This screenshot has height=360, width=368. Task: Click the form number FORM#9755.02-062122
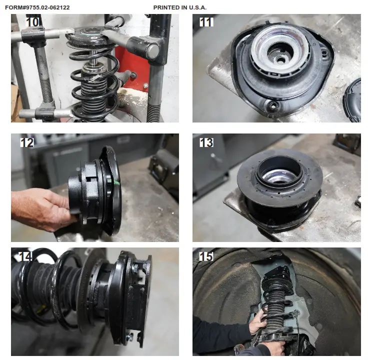[x=37, y=7]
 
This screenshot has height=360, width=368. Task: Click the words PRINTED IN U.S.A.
[x=180, y=7]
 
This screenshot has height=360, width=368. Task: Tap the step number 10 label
[x=32, y=22]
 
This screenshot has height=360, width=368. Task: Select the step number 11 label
[x=206, y=22]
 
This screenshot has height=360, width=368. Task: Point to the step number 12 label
[x=27, y=142]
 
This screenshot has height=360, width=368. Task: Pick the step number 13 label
[x=206, y=142]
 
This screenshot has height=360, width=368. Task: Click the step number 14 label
[x=25, y=256]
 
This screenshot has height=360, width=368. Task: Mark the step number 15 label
[x=206, y=256]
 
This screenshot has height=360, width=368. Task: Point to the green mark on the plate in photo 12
[x=117, y=183]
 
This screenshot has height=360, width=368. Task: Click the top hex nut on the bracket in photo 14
[x=135, y=267]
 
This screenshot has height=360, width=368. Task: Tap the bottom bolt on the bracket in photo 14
[x=128, y=337]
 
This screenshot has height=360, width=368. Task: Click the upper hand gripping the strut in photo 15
[x=257, y=321]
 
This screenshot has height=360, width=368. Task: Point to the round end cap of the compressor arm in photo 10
[x=152, y=50]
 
